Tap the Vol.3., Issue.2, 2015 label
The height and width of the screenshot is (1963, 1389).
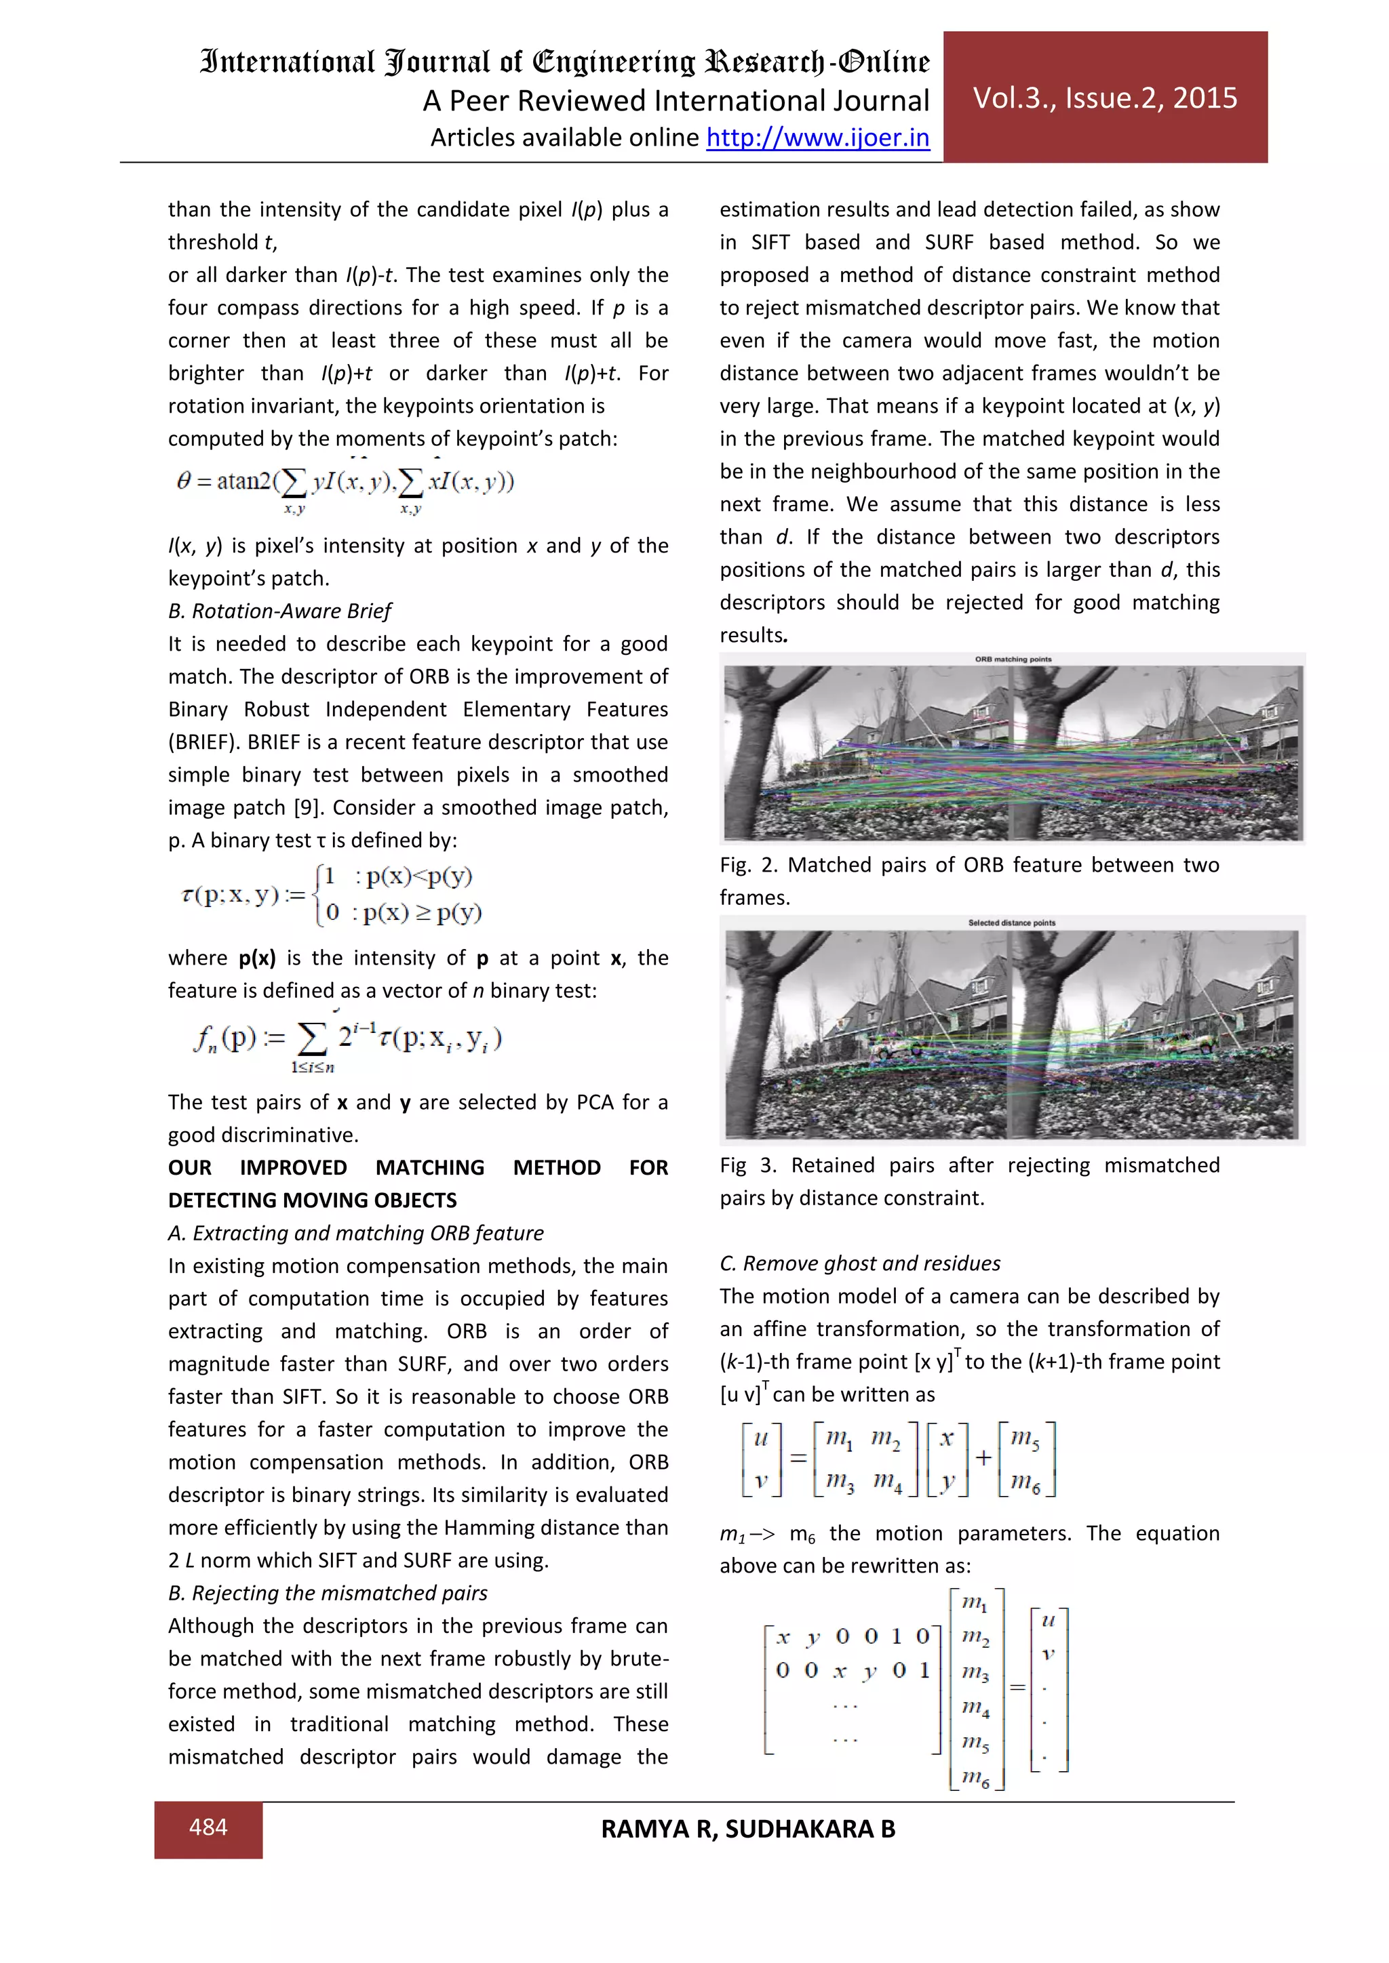click(x=1104, y=98)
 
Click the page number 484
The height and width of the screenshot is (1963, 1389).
click(x=208, y=1827)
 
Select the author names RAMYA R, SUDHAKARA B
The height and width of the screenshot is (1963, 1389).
click(x=747, y=1829)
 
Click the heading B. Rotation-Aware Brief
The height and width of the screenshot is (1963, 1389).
click(x=279, y=611)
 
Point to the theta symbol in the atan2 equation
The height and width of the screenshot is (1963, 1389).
click(x=183, y=481)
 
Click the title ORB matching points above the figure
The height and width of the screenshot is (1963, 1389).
click(x=1013, y=659)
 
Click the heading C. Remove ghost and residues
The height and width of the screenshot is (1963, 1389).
click(x=859, y=1263)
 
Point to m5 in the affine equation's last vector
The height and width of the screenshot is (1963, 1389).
click(x=1025, y=1438)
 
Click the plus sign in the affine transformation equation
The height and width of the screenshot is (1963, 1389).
click(x=983, y=1458)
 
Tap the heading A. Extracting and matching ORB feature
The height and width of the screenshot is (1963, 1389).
click(x=356, y=1233)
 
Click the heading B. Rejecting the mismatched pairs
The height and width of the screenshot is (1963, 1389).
click(x=328, y=1593)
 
